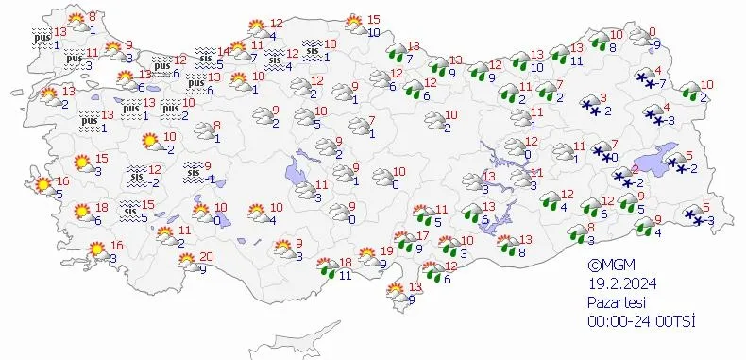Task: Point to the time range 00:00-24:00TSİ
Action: pos(640,321)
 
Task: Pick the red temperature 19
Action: pos(387,251)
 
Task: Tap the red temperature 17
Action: pos(424,236)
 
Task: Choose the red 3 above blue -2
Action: pos(603,98)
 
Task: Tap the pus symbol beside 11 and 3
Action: pos(75,59)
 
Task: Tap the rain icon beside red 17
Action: pos(406,243)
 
